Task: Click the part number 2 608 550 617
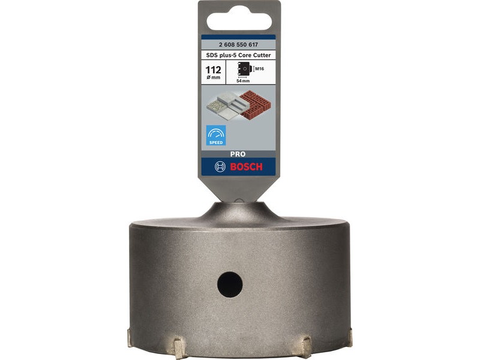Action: (238, 44)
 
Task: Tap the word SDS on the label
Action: (211, 55)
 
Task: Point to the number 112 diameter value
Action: (214, 70)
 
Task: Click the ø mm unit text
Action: (214, 77)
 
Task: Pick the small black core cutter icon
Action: (244, 69)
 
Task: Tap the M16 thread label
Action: (260, 69)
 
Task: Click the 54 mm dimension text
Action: (243, 81)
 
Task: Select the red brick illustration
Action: (256, 104)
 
